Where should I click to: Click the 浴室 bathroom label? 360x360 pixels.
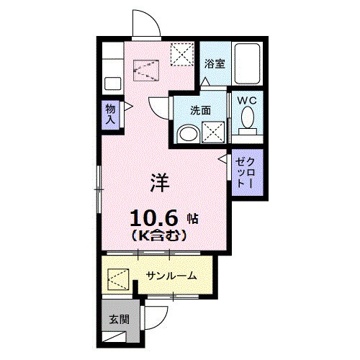coord(214,64)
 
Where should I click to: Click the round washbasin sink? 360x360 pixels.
coord(189,133)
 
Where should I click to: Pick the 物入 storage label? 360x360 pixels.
coord(109,114)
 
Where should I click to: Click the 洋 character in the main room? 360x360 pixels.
coord(159,184)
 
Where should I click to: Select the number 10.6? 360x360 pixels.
coord(153,217)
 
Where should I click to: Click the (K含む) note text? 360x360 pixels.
coord(160,235)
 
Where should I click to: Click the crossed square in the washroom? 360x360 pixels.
coord(212,132)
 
